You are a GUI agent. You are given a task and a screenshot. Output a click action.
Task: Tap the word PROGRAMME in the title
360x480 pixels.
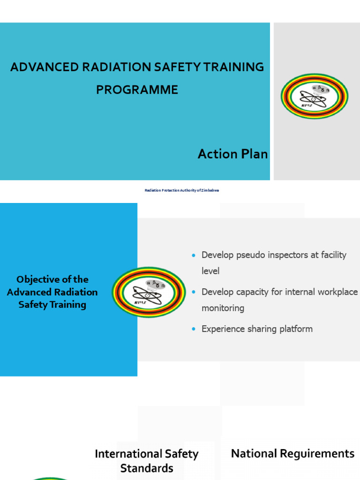[x=137, y=90]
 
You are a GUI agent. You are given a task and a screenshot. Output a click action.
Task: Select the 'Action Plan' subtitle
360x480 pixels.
[x=232, y=154]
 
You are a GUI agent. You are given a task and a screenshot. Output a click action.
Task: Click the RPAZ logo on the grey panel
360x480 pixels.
[x=315, y=96]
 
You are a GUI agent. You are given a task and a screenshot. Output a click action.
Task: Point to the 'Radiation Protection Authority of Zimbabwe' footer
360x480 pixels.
[x=182, y=190]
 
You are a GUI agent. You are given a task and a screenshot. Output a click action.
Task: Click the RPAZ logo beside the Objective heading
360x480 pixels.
[x=149, y=292]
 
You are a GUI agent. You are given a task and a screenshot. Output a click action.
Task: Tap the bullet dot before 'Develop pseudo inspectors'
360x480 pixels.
[x=194, y=255]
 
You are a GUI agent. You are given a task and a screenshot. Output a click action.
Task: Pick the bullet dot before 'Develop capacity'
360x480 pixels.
[x=194, y=292]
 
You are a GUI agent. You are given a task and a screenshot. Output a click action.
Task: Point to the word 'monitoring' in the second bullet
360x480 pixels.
[x=223, y=308]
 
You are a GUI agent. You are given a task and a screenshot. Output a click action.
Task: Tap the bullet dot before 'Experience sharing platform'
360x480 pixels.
[x=194, y=329]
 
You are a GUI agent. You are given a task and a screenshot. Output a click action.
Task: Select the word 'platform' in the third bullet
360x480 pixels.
[x=295, y=329]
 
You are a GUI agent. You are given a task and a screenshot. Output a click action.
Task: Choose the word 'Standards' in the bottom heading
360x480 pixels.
[x=147, y=468]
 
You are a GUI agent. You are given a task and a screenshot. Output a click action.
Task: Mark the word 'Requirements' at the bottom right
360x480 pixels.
[x=317, y=454]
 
